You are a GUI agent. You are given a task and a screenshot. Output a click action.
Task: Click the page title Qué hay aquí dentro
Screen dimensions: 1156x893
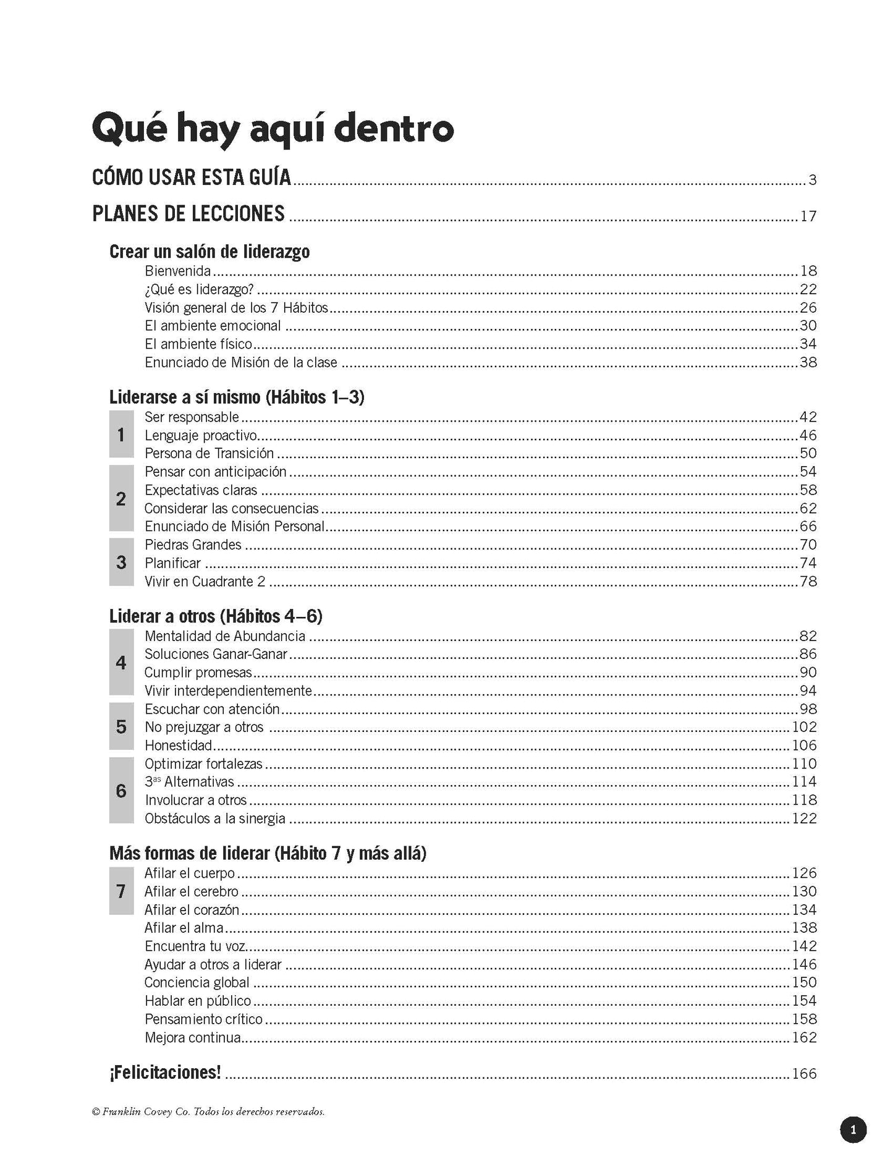[x=273, y=129]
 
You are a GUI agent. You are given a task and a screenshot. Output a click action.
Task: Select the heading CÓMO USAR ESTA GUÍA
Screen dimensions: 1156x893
[x=192, y=177]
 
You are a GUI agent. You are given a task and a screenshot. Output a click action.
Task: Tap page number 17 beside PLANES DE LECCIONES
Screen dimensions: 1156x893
[x=808, y=216]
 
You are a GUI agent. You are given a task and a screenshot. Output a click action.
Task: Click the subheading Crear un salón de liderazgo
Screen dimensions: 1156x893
[x=209, y=252]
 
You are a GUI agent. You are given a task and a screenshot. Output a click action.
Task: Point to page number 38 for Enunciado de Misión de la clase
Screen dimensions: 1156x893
[x=808, y=362]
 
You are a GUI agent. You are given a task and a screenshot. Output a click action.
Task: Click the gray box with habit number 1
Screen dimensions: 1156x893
[x=121, y=435]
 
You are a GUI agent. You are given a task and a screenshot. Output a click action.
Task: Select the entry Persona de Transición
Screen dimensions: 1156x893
[x=209, y=453]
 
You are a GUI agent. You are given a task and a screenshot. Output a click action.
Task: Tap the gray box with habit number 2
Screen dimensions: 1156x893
[x=121, y=498]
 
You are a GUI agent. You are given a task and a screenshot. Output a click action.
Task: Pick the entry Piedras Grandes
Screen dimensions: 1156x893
[x=193, y=545]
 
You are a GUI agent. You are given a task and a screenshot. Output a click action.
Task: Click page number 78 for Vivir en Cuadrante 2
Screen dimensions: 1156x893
[x=808, y=581]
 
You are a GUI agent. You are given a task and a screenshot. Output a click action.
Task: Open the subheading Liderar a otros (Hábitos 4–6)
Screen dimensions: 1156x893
[x=216, y=616]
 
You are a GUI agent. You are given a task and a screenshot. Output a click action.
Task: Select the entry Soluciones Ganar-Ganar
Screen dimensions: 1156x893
[x=216, y=654]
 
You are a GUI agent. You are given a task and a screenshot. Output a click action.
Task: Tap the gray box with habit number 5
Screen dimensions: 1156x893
[x=121, y=726]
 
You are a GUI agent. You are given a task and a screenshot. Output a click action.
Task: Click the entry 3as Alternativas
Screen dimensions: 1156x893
[x=190, y=782]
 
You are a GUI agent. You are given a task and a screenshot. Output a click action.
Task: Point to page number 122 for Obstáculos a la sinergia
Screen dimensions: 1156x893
[x=805, y=818]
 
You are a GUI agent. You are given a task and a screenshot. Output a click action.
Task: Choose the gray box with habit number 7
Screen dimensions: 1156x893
[x=121, y=891]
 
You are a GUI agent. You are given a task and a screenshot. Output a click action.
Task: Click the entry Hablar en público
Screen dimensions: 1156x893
[x=198, y=1001]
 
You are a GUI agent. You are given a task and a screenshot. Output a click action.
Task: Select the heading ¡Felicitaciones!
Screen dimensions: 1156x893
[x=165, y=1073]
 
